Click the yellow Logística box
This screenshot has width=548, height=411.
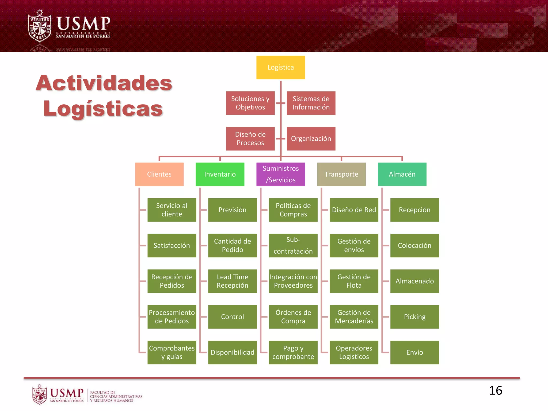click(280, 67)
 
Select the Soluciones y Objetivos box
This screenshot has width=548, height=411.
click(250, 103)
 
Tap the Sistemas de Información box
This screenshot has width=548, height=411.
click(311, 103)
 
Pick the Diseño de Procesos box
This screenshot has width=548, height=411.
click(250, 139)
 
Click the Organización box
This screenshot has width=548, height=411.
click(311, 139)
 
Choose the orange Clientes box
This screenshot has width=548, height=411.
click(159, 174)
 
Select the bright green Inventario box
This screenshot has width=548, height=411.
click(220, 174)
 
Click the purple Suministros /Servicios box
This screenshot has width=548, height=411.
click(280, 174)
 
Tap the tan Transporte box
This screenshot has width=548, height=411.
click(341, 174)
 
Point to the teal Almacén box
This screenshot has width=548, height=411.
click(402, 174)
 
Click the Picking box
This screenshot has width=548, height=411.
click(414, 317)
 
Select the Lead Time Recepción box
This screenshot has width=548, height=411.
click(232, 281)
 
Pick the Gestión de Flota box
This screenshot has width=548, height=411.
click(354, 281)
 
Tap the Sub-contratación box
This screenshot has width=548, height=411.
click(293, 246)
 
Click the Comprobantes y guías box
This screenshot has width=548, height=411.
click(172, 352)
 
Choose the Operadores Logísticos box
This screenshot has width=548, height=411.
click(354, 352)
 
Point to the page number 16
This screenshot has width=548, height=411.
click(495, 391)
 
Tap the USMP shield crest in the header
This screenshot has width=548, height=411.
click(40, 26)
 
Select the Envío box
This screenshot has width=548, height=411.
click(414, 352)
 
